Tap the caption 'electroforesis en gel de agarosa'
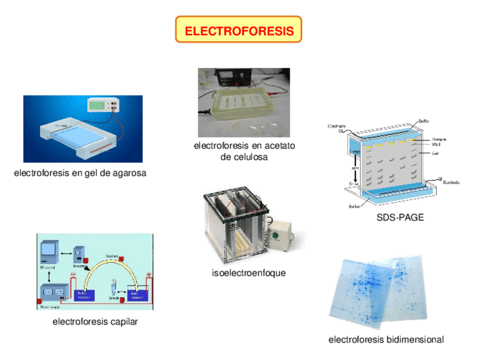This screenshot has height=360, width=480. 80,173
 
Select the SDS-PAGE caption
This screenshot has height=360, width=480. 400,217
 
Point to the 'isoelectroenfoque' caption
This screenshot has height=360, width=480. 248,273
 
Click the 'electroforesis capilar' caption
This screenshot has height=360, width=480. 95,322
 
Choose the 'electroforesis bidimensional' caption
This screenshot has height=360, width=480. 386,340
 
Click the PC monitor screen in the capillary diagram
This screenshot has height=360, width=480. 50,249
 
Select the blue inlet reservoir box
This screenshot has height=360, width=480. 138,294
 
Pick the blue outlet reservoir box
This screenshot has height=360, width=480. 84,294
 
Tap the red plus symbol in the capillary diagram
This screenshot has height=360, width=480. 149,275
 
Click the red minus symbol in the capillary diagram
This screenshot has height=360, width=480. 73,276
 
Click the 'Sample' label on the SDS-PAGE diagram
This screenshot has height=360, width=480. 439,139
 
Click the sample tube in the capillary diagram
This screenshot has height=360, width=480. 113,288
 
